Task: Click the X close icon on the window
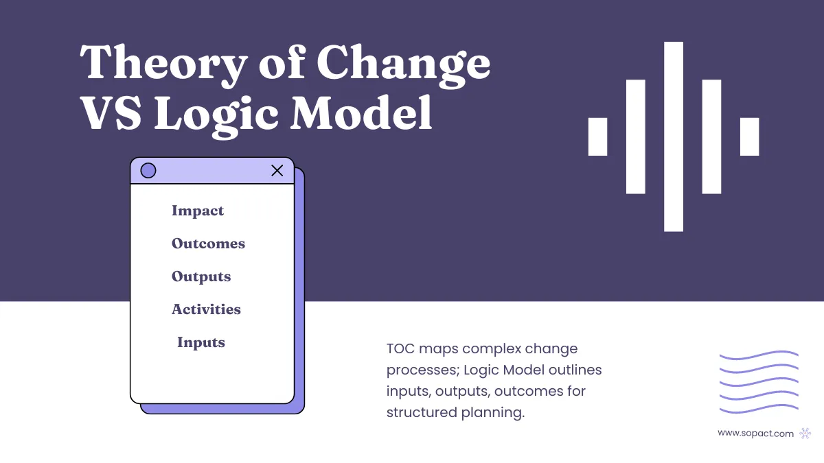pos(277,171)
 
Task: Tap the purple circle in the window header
pos(148,171)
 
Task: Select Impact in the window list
pos(198,211)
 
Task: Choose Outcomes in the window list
pos(208,244)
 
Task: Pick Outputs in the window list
pos(201,277)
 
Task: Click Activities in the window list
pos(206,310)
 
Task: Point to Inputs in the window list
pos(201,343)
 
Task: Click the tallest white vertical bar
pos(674,136)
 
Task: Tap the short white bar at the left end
pos(598,136)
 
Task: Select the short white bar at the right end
pos(750,136)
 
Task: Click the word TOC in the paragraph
pos(401,349)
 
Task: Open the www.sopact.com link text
pos(755,433)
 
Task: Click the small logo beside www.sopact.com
pos(805,433)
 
